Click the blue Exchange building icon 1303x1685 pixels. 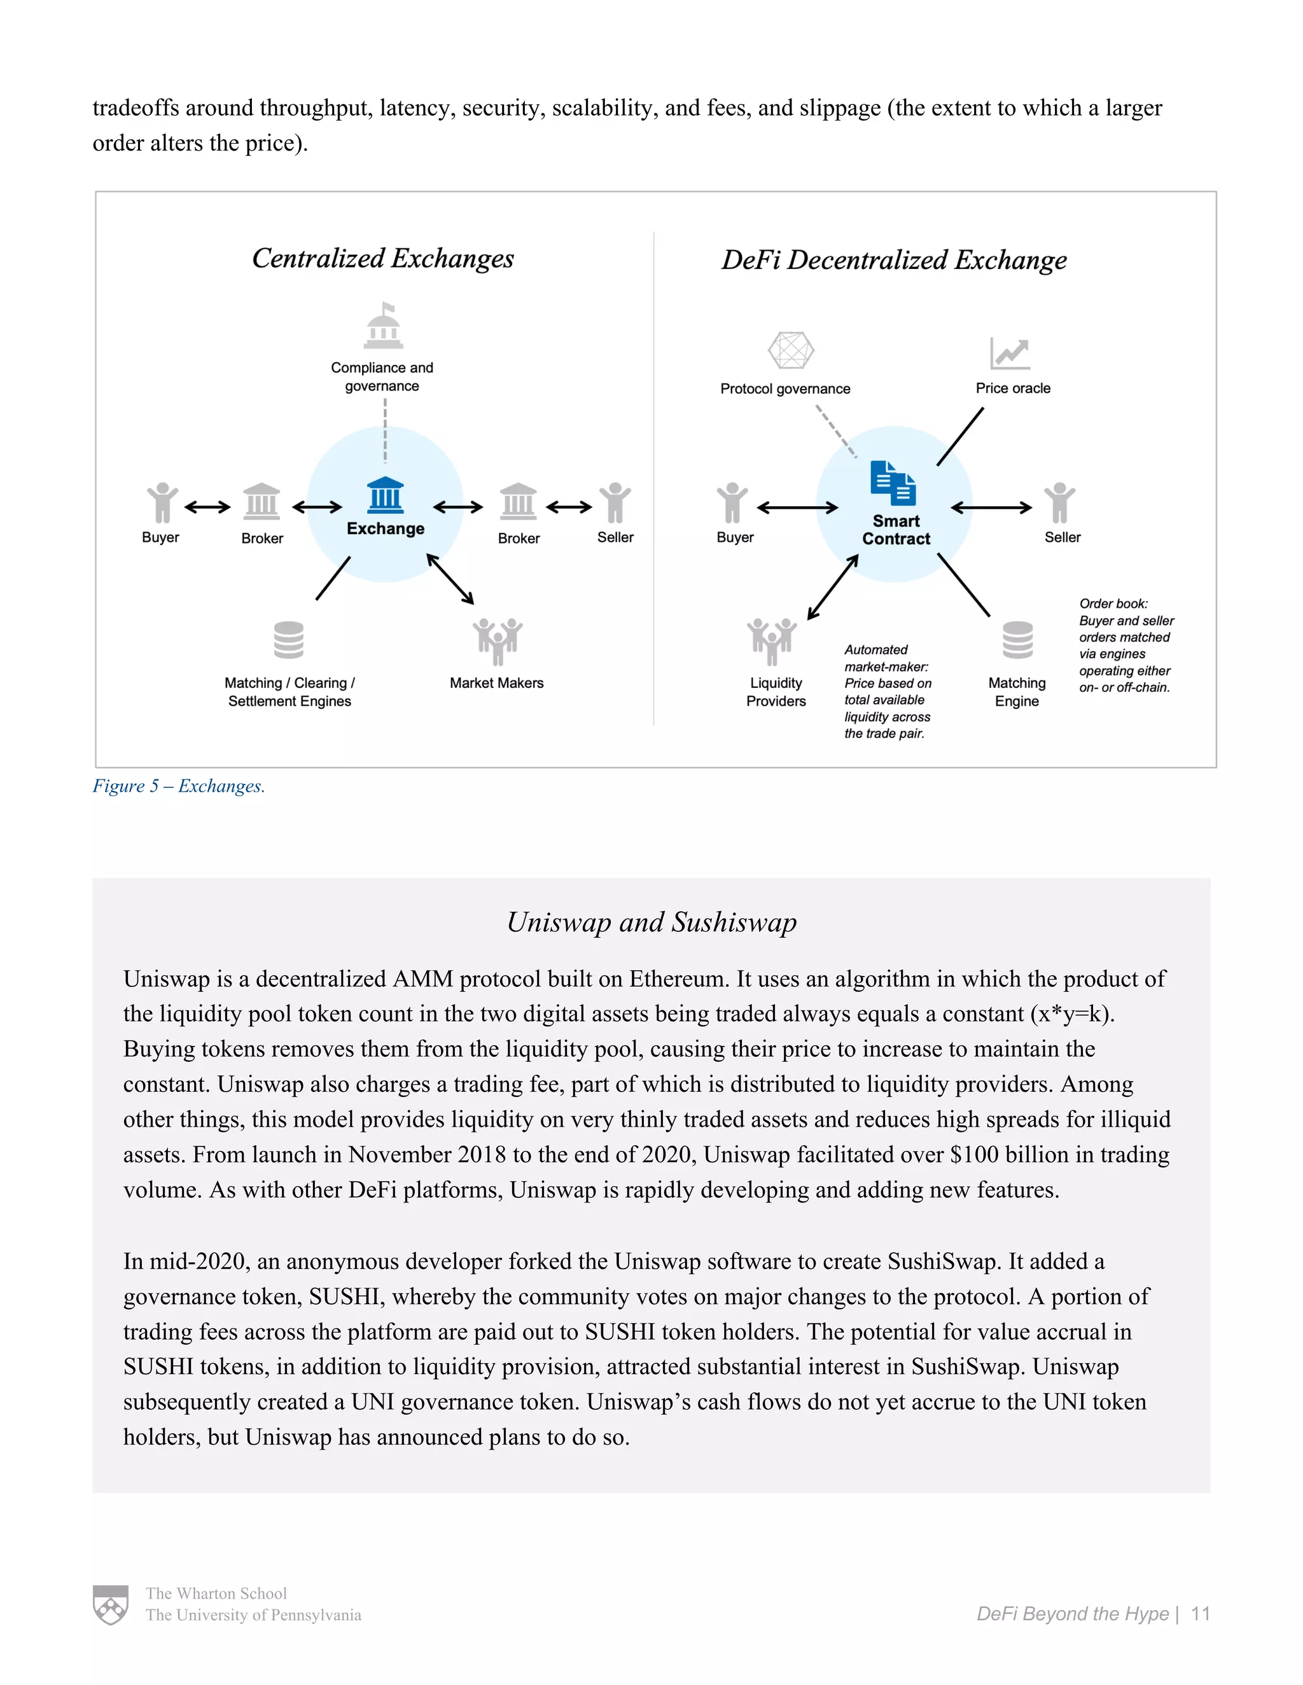click(385, 495)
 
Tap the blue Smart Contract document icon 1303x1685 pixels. click(893, 483)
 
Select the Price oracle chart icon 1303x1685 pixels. click(1010, 354)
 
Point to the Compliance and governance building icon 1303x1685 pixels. click(384, 327)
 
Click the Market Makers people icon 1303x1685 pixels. click(497, 640)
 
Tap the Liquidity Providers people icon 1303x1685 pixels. click(771, 640)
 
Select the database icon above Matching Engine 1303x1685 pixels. click(1017, 640)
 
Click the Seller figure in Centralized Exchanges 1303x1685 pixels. click(615, 502)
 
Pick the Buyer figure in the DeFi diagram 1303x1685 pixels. click(732, 503)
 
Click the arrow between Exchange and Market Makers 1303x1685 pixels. click(450, 579)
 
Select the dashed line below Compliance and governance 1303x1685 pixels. click(385, 430)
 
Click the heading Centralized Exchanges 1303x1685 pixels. click(383, 258)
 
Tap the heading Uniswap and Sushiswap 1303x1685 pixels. click(651, 922)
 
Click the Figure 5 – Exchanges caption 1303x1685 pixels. click(179, 786)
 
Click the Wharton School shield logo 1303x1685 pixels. click(110, 1605)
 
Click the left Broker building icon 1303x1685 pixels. click(261, 502)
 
